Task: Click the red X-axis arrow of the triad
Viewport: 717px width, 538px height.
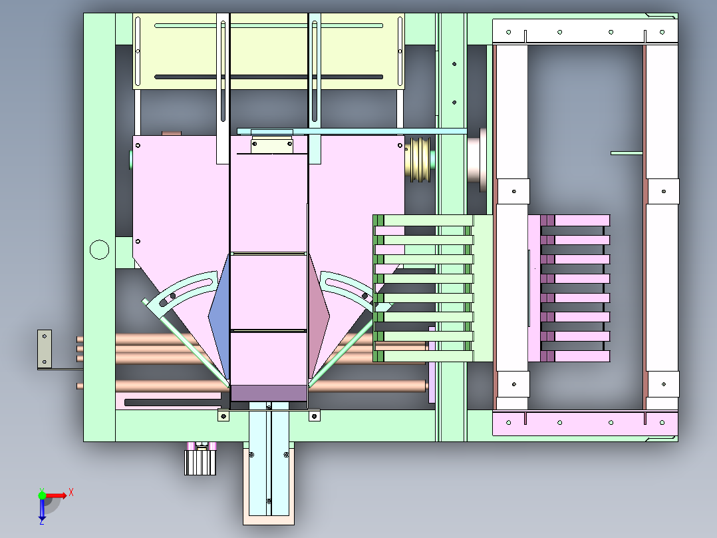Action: (x=56, y=495)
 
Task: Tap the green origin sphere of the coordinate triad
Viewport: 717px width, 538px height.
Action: (x=42, y=495)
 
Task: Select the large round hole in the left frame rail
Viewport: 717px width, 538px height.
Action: (x=99, y=250)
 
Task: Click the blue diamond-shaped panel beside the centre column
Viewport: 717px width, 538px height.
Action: (x=220, y=316)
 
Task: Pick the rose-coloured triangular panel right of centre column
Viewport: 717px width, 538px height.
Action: (x=318, y=316)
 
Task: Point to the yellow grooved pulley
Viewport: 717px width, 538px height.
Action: (x=420, y=159)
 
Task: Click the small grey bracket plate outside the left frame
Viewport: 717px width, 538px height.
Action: (x=45, y=349)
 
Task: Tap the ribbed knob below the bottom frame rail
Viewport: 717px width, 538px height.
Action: (x=200, y=463)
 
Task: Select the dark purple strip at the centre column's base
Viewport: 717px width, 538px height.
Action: (x=269, y=393)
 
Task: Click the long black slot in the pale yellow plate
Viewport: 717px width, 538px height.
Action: (x=269, y=77)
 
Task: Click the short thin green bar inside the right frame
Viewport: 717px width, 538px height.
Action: (x=627, y=153)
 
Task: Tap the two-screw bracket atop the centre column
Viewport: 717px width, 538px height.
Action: (x=272, y=144)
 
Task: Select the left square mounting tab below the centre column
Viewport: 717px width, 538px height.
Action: (x=223, y=415)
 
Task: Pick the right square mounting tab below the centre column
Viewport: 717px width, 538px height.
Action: (x=314, y=415)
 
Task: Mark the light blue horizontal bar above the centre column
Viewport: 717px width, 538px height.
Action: (x=352, y=131)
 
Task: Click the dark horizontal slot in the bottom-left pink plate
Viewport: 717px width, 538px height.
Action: (x=172, y=402)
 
